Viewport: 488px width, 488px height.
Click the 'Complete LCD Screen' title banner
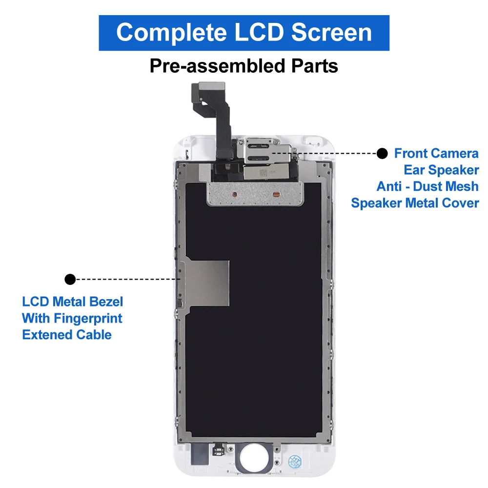[244, 33]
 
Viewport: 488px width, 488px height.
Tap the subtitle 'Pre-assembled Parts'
[244, 66]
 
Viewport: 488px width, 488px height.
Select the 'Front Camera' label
[436, 153]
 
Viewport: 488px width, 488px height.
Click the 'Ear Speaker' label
[441, 170]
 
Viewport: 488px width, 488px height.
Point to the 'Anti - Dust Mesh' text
[427, 186]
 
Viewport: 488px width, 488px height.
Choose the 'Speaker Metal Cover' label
[415, 203]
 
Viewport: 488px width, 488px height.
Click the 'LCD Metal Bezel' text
[73, 302]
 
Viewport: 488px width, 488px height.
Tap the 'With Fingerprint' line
[72, 318]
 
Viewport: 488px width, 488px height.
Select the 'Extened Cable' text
[67, 335]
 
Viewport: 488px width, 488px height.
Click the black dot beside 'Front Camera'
[382, 153]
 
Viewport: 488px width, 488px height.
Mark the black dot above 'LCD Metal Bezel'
[70, 279]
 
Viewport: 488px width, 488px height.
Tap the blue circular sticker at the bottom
[296, 461]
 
